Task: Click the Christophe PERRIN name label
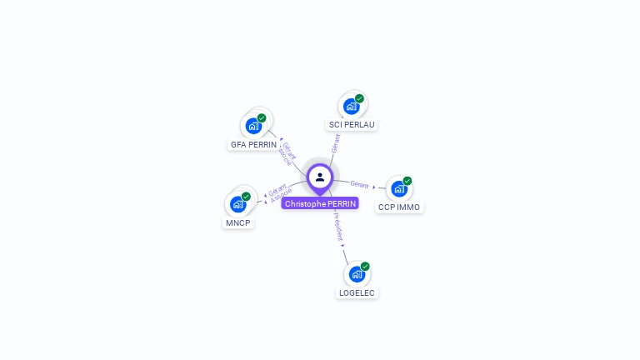click(x=320, y=203)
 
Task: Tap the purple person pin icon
click(x=320, y=177)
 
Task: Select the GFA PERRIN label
click(x=253, y=144)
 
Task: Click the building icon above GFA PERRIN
click(x=252, y=126)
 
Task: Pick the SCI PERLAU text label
click(x=352, y=125)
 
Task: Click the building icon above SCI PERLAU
click(x=351, y=106)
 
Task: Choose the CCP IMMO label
click(x=399, y=207)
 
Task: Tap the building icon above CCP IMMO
click(x=398, y=188)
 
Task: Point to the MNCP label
click(x=238, y=223)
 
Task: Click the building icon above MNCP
click(x=237, y=204)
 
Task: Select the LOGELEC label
click(x=357, y=293)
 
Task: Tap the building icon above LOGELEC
click(x=356, y=273)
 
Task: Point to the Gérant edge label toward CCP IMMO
click(x=359, y=184)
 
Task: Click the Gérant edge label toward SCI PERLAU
click(x=335, y=142)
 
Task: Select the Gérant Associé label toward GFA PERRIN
click(x=287, y=153)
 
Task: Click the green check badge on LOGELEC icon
click(x=365, y=267)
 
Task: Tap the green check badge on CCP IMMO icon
click(x=407, y=181)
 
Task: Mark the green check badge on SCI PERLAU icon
click(x=359, y=98)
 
